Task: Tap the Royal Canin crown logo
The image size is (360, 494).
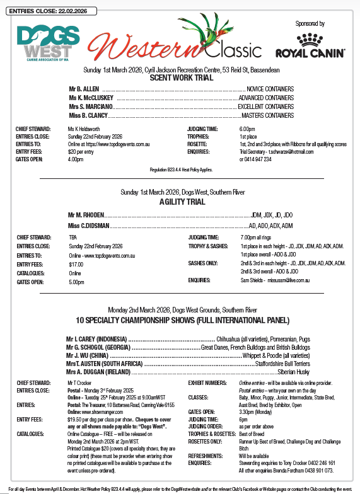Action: click(309, 38)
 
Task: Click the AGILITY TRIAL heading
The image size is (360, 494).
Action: click(180, 202)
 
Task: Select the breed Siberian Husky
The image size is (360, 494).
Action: click(277, 372)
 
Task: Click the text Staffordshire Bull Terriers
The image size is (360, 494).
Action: click(275, 364)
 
